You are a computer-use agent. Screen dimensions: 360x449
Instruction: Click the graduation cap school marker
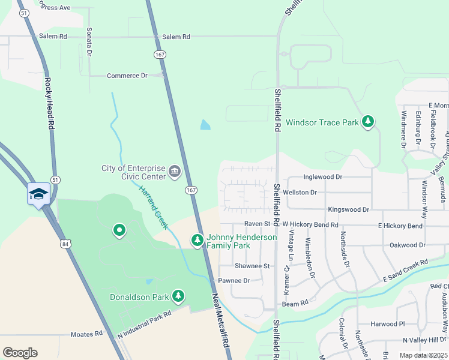tap(38, 194)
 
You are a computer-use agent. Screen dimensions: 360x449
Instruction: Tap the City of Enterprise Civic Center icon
tap(175, 172)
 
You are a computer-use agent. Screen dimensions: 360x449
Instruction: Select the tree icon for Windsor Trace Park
tap(368, 122)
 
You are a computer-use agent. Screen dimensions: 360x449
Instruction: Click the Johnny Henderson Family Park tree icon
tap(197, 241)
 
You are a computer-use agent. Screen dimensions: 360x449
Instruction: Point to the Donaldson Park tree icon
tap(178, 296)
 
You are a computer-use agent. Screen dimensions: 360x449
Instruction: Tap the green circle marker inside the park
tap(119, 230)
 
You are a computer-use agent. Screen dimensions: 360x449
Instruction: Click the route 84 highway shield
tap(65, 244)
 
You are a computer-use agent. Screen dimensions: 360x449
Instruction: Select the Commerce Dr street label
tap(127, 76)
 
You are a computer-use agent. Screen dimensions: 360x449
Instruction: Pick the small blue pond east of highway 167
tap(205, 125)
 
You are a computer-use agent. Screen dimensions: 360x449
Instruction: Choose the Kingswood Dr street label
tap(348, 209)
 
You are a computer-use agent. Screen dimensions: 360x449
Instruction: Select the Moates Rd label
tap(86, 334)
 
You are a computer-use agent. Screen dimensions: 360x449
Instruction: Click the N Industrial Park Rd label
tap(145, 322)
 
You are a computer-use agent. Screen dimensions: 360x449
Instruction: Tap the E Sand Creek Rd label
tap(405, 271)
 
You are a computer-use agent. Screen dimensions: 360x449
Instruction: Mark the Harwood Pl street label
tap(388, 323)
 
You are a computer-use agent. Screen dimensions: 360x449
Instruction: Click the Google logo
tap(20, 353)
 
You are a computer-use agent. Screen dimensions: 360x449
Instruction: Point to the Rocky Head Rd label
tap(49, 103)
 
